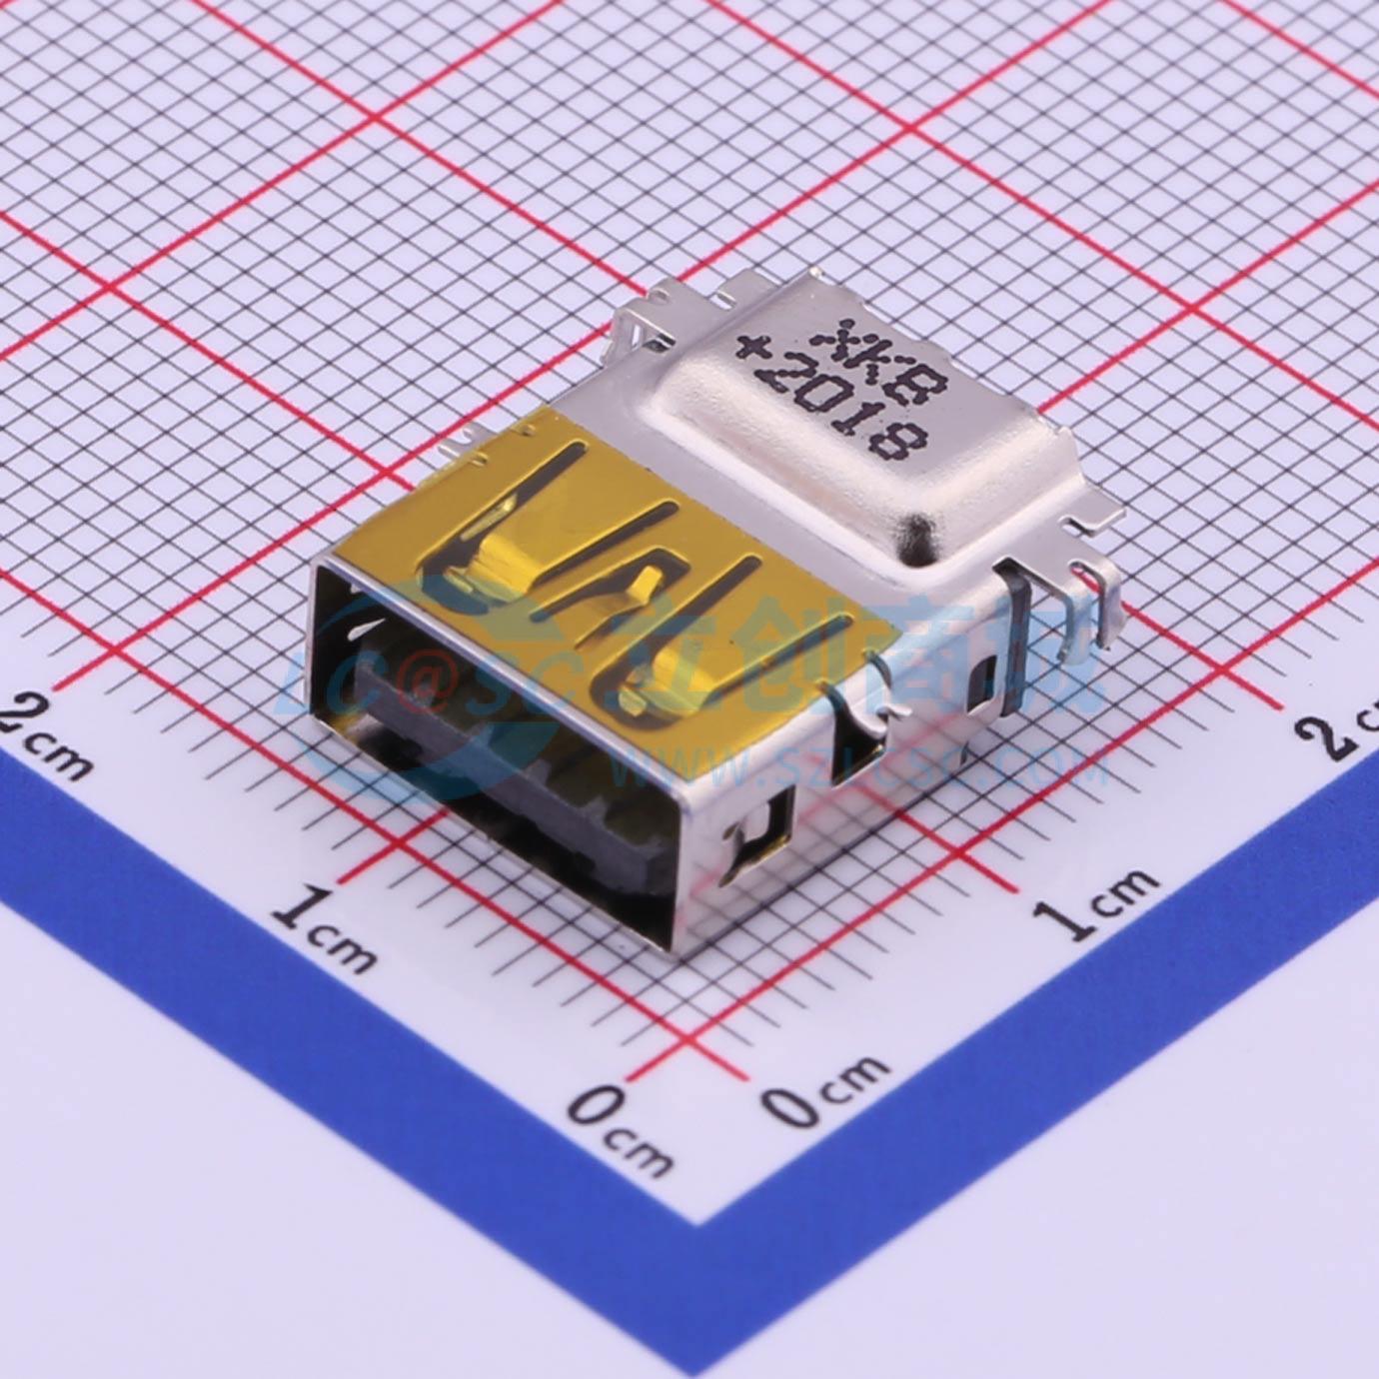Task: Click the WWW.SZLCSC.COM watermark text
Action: [859, 769]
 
